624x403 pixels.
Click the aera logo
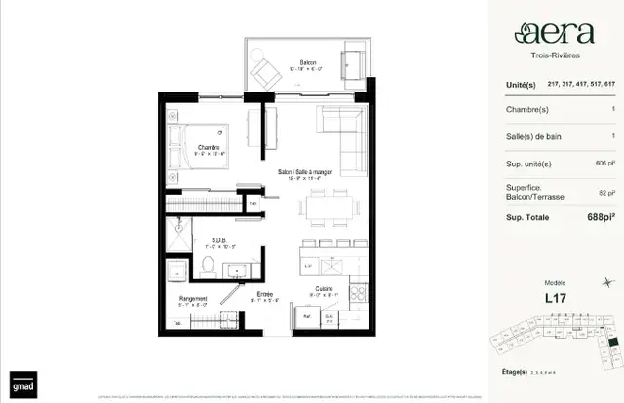click(x=553, y=35)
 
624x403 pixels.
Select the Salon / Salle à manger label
click(x=304, y=171)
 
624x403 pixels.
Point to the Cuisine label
click(x=325, y=289)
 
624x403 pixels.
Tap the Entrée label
click(x=264, y=293)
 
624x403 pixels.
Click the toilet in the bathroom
click(x=208, y=265)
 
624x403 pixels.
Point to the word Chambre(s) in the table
click(x=524, y=109)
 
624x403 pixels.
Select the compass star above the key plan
click(x=609, y=283)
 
